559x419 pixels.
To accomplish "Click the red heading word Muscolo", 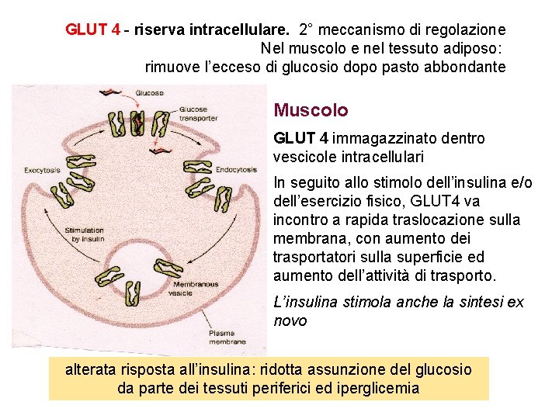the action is tap(311, 111).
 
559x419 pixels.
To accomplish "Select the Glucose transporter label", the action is tap(198, 114).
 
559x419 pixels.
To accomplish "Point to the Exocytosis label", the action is tap(43, 170).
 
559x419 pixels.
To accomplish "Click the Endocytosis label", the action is tap(237, 169).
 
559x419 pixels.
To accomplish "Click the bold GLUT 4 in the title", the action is tap(92, 30).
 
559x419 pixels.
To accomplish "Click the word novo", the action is tap(290, 320).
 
